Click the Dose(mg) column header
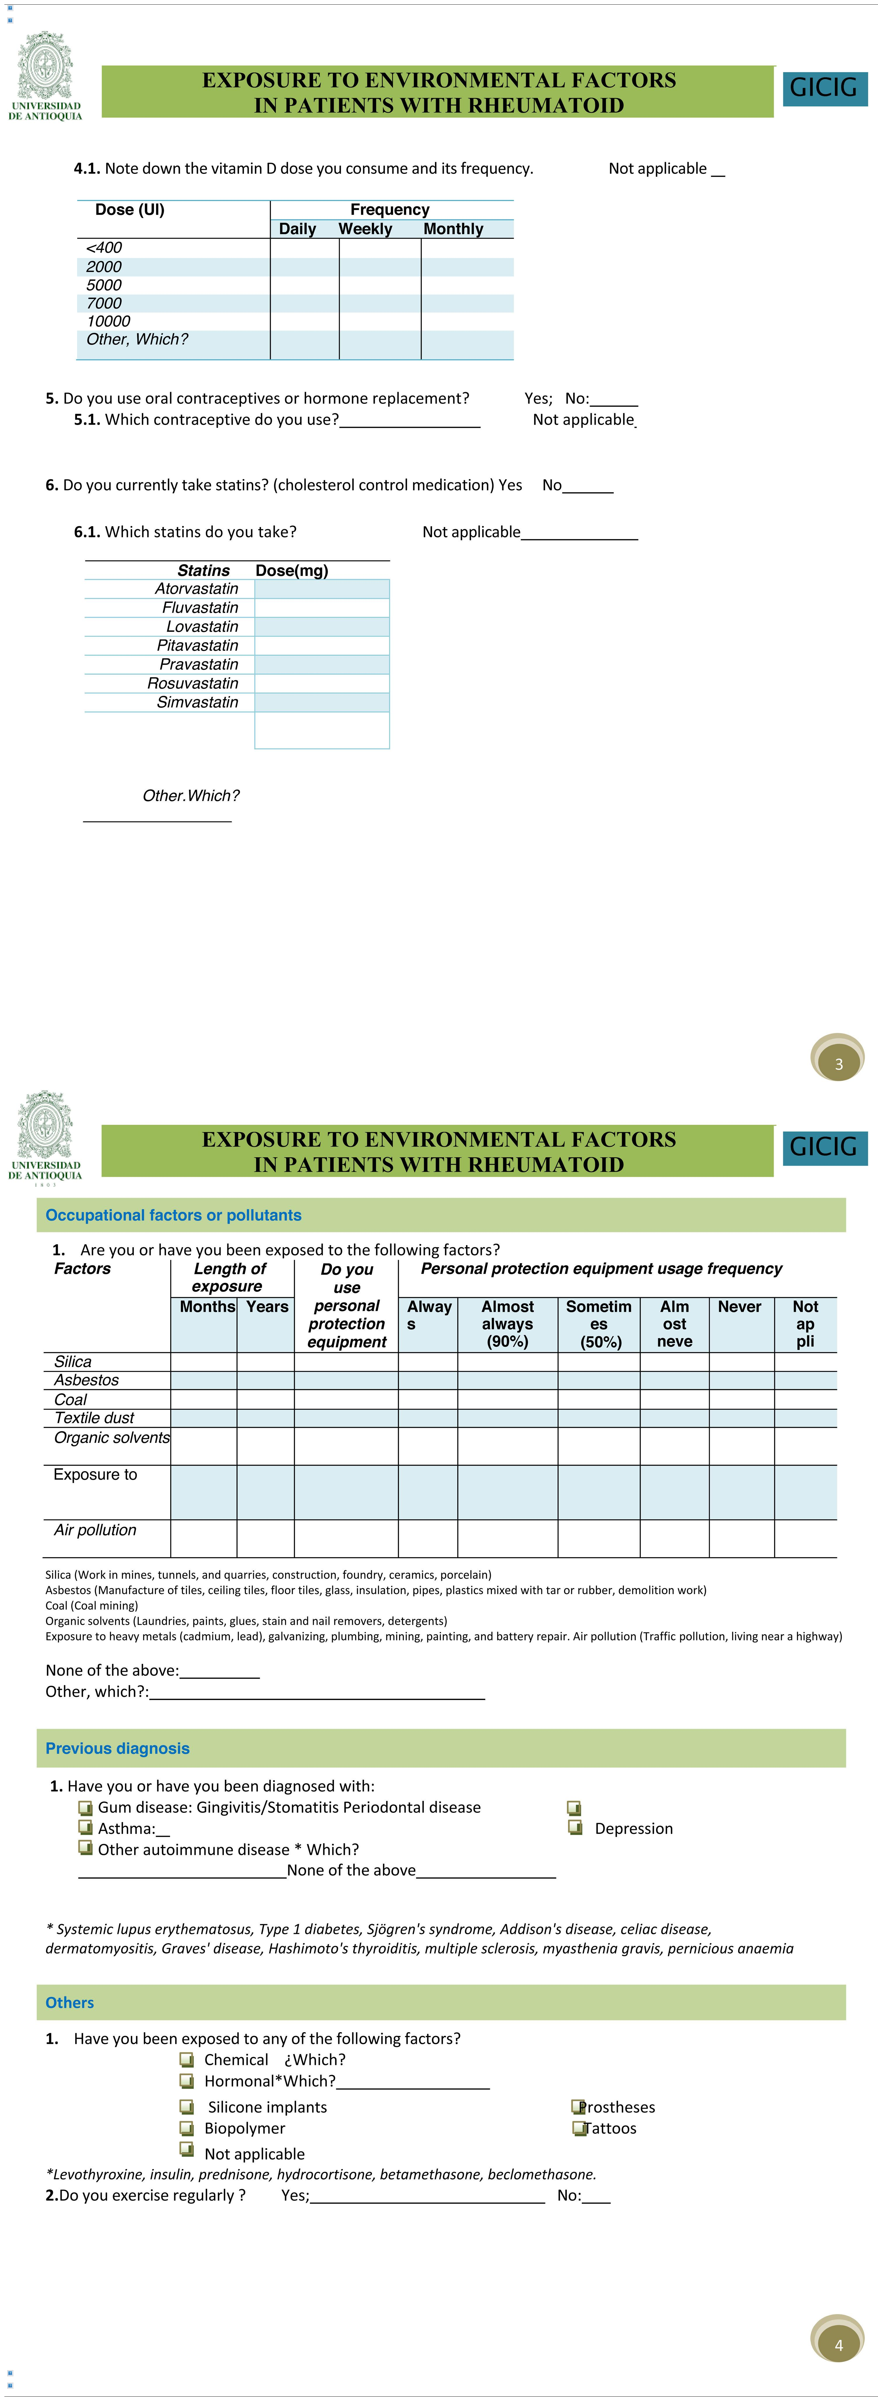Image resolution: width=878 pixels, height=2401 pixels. [292, 570]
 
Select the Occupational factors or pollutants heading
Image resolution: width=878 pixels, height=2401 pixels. [173, 1215]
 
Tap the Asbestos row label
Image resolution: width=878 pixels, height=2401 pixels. [87, 1380]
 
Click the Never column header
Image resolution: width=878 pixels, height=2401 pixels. [739, 1307]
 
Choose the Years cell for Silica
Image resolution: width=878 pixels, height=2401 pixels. [266, 1362]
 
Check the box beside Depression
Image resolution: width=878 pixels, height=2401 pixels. [575, 1828]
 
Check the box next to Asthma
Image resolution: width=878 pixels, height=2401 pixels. [86, 1828]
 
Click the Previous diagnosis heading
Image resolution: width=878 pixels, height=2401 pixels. [117, 1749]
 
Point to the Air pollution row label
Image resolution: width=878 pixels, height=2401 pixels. [95, 1530]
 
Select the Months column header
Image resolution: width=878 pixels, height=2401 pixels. [207, 1307]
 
